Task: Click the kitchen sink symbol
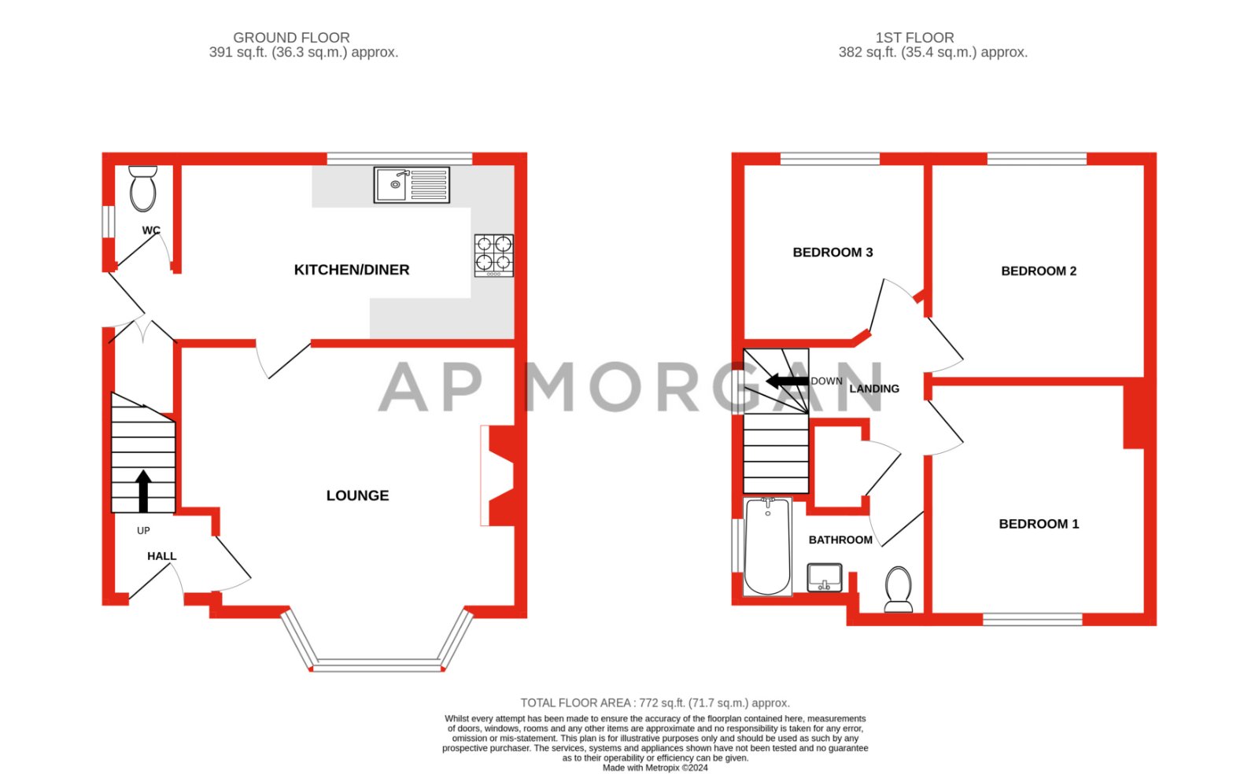pyautogui.click(x=412, y=185)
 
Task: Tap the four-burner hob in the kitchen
pyautogui.click(x=494, y=255)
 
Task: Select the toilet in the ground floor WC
pyautogui.click(x=143, y=189)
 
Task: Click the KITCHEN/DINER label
pyautogui.click(x=352, y=270)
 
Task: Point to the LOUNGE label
pyautogui.click(x=357, y=496)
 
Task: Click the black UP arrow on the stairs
pyautogui.click(x=143, y=491)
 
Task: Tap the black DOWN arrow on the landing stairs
pyautogui.click(x=787, y=381)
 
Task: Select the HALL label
pyautogui.click(x=161, y=556)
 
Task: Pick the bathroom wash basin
pyautogui.click(x=824, y=577)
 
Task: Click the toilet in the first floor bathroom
pyautogui.click(x=898, y=588)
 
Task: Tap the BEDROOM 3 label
pyautogui.click(x=833, y=252)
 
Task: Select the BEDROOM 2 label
pyautogui.click(x=1038, y=271)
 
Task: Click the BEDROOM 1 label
pyautogui.click(x=1039, y=524)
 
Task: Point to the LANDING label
pyautogui.click(x=874, y=389)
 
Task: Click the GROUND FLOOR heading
pyautogui.click(x=291, y=38)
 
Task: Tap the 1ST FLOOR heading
pyautogui.click(x=914, y=38)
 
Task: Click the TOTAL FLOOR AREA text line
pyautogui.click(x=655, y=703)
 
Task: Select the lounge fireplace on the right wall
pyautogui.click(x=500, y=476)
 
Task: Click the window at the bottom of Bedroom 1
pyautogui.click(x=1032, y=619)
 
